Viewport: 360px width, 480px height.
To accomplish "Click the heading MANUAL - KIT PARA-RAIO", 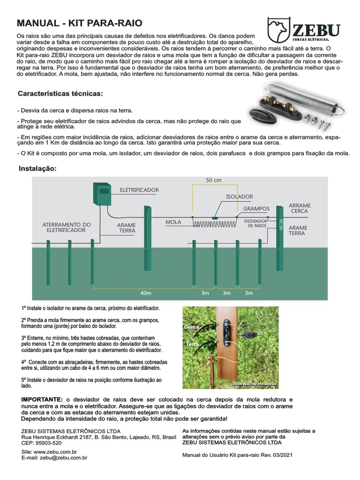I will point(80,23).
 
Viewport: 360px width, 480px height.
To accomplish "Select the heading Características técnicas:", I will point(60,94).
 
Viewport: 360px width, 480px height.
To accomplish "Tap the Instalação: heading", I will point(37,168).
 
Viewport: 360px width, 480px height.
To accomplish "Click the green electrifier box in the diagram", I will point(101,194).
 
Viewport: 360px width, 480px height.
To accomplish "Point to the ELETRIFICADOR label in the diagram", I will point(139,190).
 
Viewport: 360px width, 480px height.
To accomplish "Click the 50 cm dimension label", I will point(214,180).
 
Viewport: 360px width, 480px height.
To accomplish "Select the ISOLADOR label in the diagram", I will point(240,197).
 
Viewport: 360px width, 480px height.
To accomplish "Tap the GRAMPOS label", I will point(256,208).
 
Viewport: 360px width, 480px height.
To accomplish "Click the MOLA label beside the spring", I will point(173,222).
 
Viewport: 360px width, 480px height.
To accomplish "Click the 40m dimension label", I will point(146,293).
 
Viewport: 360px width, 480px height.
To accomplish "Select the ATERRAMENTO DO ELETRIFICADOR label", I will point(67,227).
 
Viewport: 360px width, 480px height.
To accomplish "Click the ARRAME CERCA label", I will point(300,208).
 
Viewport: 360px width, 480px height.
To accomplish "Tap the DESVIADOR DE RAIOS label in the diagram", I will point(256,223).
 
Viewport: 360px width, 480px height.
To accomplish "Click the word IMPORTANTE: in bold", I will point(42,398).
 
